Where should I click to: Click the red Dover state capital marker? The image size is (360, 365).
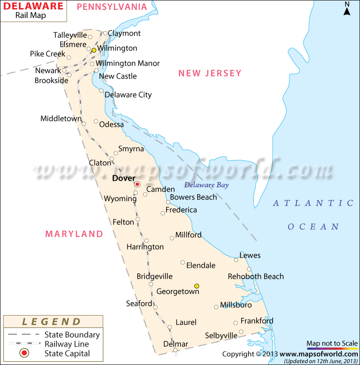(x=137, y=184)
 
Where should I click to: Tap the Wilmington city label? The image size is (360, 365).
(x=117, y=48)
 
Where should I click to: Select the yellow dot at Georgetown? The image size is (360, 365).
(x=197, y=286)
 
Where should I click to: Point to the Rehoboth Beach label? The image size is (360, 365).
(x=256, y=276)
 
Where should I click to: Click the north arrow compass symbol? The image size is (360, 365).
(x=347, y=9)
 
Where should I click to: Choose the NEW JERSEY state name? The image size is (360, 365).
(x=210, y=73)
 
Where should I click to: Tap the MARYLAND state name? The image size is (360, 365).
(x=74, y=234)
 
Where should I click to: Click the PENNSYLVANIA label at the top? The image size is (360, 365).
(x=112, y=7)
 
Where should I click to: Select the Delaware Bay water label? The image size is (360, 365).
(x=207, y=185)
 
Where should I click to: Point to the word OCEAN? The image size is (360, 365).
(x=313, y=227)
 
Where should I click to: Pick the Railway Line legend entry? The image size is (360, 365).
(x=67, y=344)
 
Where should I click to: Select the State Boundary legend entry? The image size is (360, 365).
(x=72, y=334)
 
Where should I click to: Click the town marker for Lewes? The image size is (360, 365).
(x=236, y=260)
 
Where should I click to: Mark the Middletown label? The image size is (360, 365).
(x=61, y=119)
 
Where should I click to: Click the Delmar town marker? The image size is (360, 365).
(x=175, y=350)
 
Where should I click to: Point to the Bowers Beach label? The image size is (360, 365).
(x=193, y=197)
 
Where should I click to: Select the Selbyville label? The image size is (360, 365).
(x=221, y=335)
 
